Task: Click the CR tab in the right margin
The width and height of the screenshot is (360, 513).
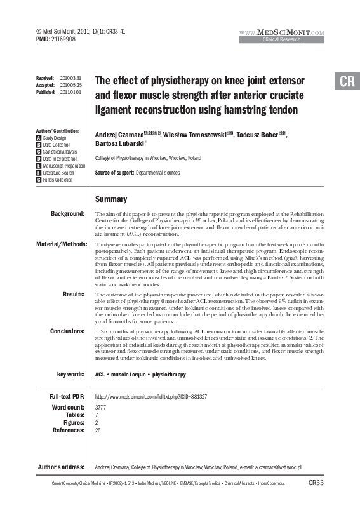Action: click(x=347, y=82)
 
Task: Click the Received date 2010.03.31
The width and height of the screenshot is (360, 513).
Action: click(x=71, y=76)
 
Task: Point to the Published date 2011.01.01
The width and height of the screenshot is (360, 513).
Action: click(x=71, y=91)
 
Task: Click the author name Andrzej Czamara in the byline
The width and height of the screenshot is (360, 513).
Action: click(x=119, y=135)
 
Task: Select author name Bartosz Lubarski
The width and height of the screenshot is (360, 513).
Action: click(x=119, y=146)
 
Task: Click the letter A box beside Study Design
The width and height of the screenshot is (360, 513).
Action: click(x=39, y=138)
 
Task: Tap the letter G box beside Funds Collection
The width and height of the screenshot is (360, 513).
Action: click(x=39, y=180)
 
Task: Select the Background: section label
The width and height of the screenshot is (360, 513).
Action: click(x=67, y=214)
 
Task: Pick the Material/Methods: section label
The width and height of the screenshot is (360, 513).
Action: click(x=60, y=244)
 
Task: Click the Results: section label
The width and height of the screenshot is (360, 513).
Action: click(x=74, y=293)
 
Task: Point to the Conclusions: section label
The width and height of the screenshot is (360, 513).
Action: click(x=67, y=331)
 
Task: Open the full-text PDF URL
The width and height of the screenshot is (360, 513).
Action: click(x=150, y=397)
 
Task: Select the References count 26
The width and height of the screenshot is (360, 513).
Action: click(x=98, y=430)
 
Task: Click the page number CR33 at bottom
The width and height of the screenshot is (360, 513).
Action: click(x=316, y=483)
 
